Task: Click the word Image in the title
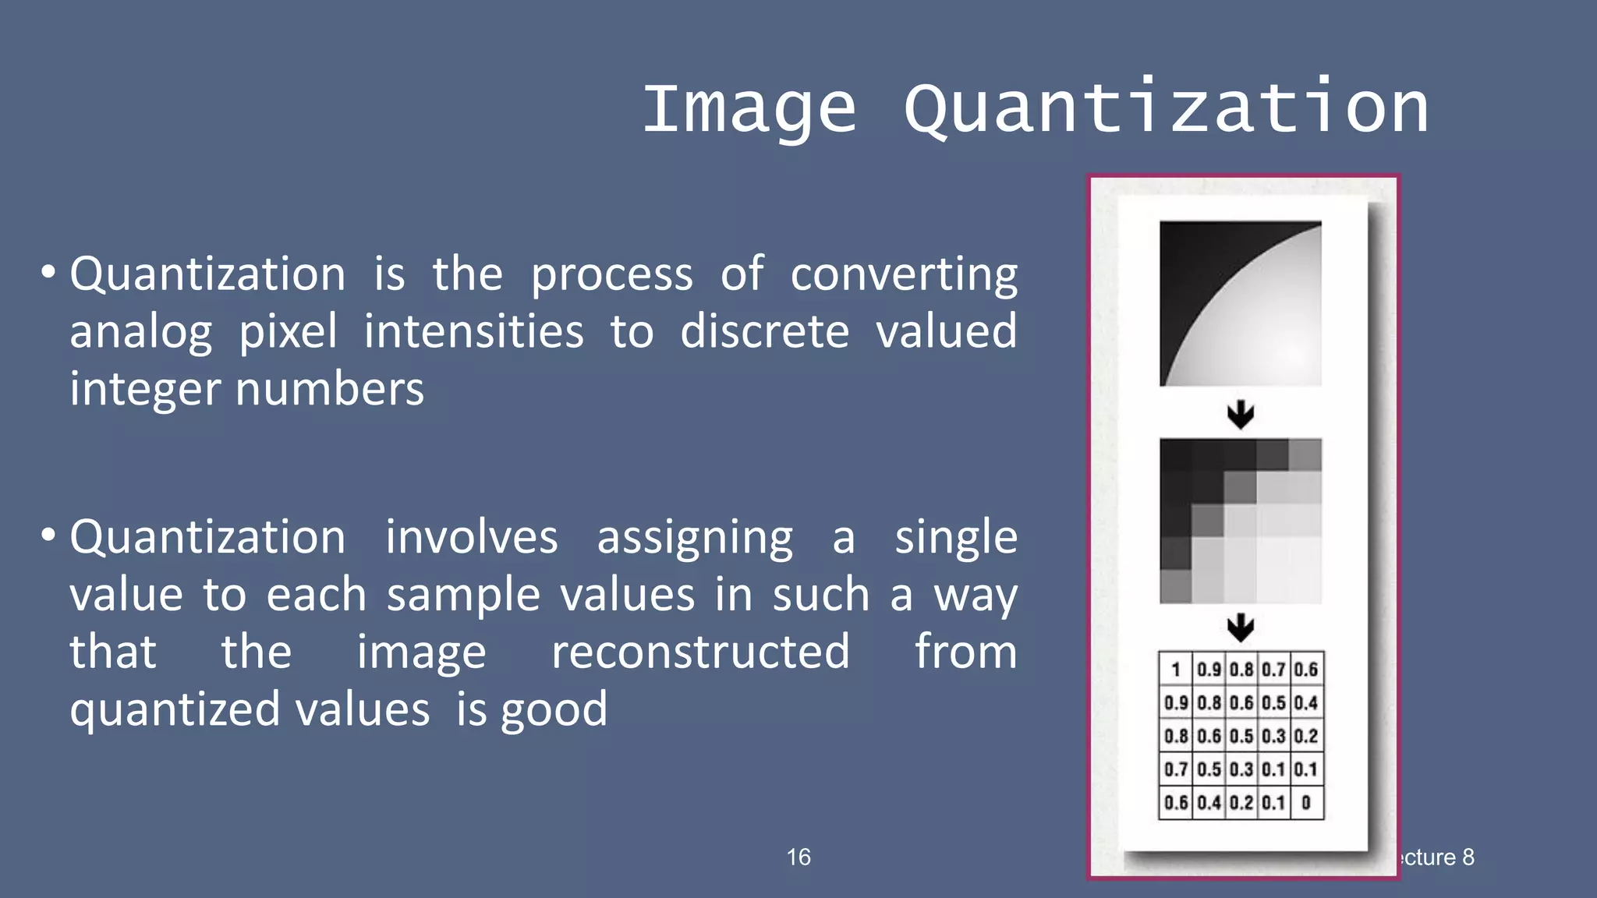[749, 109]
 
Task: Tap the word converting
[904, 275]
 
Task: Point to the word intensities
[473, 331]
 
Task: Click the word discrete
[764, 331]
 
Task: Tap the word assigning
[695, 538]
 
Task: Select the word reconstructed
[700, 652]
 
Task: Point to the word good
[554, 710]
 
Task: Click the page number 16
[798, 857]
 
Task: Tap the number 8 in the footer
[1468, 857]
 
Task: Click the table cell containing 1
[1176, 669]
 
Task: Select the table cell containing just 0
[1306, 802]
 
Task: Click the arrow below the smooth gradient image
[1241, 414]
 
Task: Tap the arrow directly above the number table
[1241, 626]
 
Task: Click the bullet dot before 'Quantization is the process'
[48, 273]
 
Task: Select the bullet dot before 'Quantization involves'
[48, 536]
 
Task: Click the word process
[611, 275]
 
